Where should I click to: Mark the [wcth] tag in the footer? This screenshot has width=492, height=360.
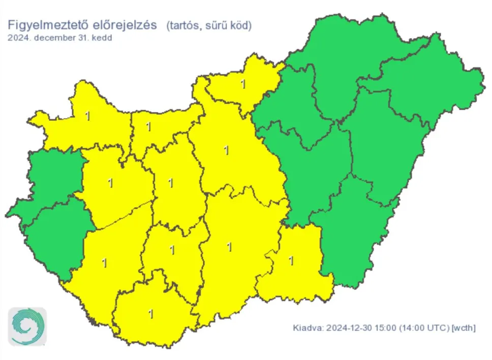click(464, 328)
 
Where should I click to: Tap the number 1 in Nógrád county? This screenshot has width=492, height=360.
click(243, 84)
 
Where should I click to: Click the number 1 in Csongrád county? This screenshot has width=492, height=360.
click(291, 261)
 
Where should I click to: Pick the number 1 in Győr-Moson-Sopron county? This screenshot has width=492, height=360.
click(87, 116)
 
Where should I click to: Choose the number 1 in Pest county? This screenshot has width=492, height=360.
click(226, 150)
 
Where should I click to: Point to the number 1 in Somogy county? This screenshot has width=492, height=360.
click(104, 263)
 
